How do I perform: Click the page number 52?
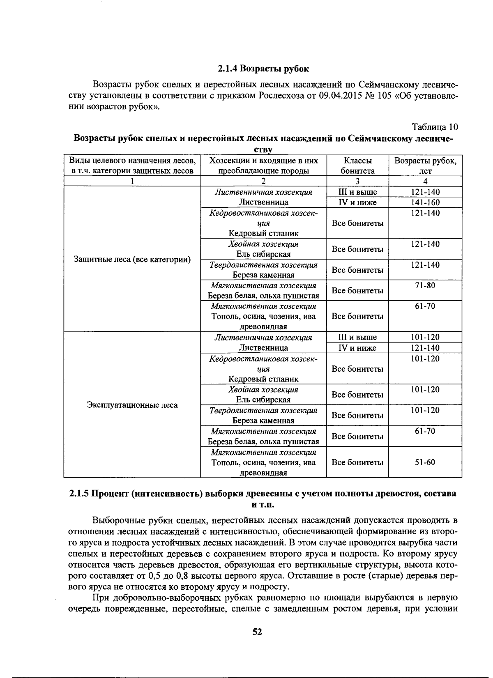tap(257, 632)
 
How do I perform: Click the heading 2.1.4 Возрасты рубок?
tap(263, 68)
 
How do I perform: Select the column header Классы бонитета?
tap(357, 165)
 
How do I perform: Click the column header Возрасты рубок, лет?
tap(425, 165)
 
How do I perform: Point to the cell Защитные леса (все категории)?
tap(132, 260)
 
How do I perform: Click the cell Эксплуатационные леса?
tap(132, 405)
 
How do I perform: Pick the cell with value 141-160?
tap(425, 202)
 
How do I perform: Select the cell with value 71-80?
tap(425, 285)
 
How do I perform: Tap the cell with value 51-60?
tap(425, 462)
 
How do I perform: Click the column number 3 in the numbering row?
tap(357, 181)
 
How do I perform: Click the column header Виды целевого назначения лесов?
tap(132, 161)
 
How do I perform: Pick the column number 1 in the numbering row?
tap(132, 181)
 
